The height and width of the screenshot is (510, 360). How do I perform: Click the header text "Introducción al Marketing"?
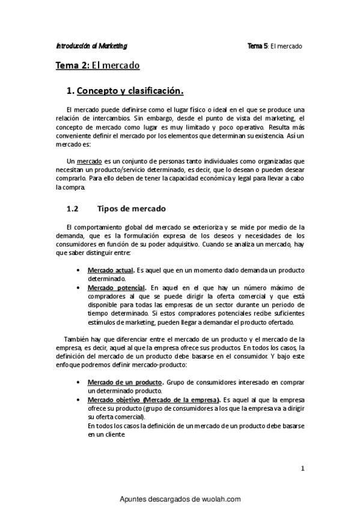tap(91, 46)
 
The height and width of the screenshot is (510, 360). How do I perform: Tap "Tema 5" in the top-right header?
tap(258, 46)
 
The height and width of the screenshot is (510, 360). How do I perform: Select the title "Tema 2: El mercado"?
tap(97, 65)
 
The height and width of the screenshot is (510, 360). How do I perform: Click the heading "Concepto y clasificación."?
tap(130, 91)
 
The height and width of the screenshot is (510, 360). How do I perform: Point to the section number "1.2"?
tap(72, 209)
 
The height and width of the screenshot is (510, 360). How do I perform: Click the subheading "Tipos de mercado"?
tap(131, 209)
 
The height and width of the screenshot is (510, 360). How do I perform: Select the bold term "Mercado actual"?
tap(110, 271)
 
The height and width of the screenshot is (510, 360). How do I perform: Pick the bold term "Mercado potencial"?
tap(116, 287)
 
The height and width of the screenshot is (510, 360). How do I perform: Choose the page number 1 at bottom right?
tap(303, 467)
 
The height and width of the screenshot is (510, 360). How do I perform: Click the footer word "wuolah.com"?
tap(219, 499)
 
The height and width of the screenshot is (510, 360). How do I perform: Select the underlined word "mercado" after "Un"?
tap(90, 161)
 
